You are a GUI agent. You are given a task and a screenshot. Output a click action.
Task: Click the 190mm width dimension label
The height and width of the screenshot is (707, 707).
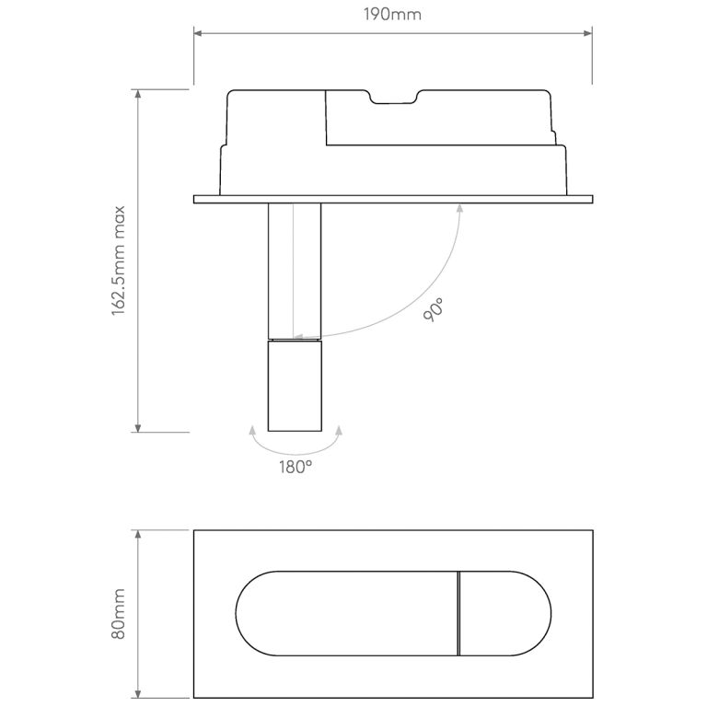coord(393,16)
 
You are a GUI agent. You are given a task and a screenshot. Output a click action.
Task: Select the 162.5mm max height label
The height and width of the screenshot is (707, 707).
coord(119,261)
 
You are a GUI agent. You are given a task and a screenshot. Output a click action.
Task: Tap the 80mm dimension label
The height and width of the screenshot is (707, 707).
coord(119,615)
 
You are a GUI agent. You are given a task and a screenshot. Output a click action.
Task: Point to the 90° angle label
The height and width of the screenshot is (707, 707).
coord(434,309)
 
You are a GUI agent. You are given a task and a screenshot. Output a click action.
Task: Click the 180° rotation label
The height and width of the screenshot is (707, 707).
coord(296,467)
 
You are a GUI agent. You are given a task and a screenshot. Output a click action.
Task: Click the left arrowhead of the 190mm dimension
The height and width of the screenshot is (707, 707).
coord(198,34)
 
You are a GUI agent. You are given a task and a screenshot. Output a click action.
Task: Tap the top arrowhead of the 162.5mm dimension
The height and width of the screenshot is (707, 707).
coord(138,94)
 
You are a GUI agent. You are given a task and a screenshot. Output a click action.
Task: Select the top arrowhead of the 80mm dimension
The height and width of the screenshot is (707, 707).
coord(138,534)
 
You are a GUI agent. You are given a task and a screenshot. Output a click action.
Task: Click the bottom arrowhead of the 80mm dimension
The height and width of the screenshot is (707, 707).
coord(138,693)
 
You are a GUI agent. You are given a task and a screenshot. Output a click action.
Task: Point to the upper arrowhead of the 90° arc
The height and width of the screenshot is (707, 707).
coord(458,208)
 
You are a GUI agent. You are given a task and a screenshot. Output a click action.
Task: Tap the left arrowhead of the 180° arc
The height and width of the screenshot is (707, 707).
coord(252,430)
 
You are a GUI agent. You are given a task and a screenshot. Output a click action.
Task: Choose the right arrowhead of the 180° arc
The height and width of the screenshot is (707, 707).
coord(339,430)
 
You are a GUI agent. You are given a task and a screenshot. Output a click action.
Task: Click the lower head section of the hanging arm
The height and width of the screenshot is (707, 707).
coord(295,386)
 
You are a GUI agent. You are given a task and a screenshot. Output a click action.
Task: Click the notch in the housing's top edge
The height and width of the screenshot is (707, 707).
coord(394,97)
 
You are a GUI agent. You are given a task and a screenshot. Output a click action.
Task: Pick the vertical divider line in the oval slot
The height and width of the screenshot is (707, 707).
coord(458,614)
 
